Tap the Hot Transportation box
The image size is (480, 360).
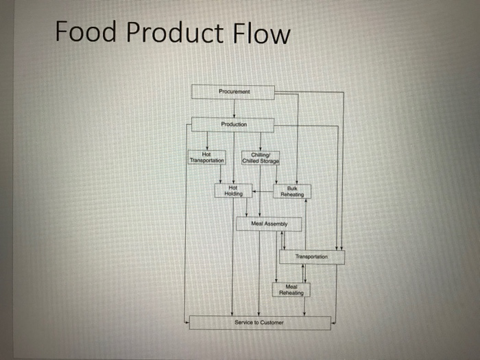(x=206, y=157)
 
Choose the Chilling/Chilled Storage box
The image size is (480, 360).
(x=261, y=157)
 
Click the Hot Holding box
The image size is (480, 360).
(x=233, y=191)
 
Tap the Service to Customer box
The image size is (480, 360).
(x=259, y=322)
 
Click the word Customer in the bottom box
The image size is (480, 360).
(x=272, y=322)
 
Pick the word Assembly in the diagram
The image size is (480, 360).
(x=278, y=224)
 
